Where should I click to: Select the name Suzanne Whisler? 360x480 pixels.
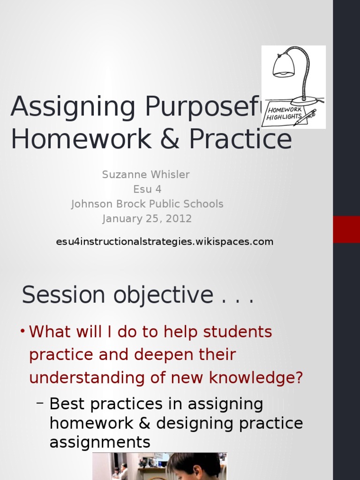tap(146, 175)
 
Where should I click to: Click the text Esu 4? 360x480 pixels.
tap(147, 189)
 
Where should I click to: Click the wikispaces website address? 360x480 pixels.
tap(165, 242)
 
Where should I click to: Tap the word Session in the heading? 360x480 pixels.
tap(63, 295)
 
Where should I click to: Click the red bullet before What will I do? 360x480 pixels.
tap(22, 331)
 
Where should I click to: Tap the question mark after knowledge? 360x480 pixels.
tap(299, 377)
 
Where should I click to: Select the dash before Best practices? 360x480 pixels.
tap(40, 404)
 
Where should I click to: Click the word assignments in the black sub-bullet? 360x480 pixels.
tap(100, 442)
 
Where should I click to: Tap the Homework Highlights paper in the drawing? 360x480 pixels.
tap(284, 113)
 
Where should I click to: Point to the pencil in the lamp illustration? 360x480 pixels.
tap(305, 117)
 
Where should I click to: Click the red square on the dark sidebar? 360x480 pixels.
tap(346, 229)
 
